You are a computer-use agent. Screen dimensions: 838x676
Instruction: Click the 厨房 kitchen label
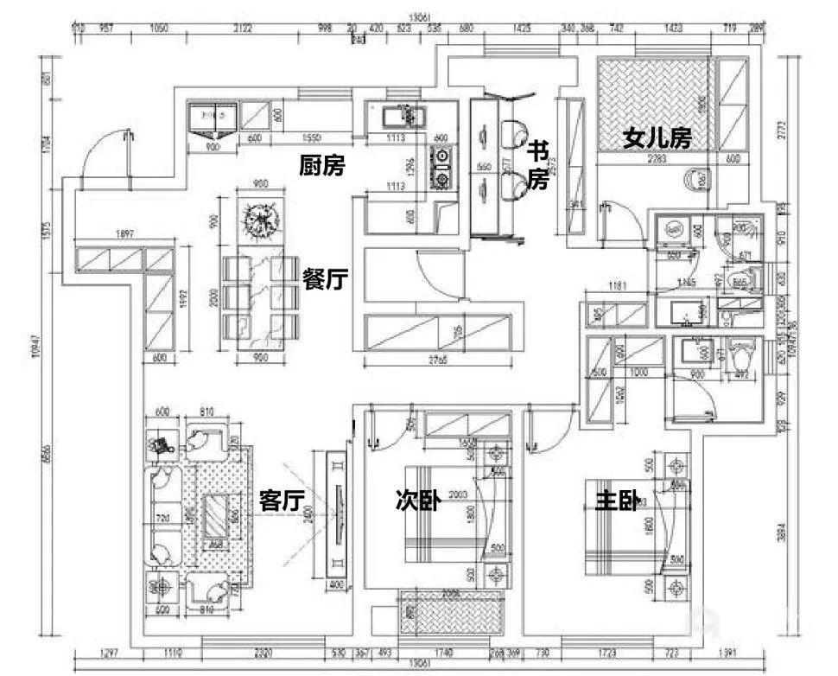coord(321,164)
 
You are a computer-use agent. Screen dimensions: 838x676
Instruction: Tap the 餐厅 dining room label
coord(325,278)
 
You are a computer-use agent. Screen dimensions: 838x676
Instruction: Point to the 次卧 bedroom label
coord(418,500)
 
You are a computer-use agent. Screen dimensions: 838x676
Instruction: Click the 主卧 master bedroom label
coord(617,501)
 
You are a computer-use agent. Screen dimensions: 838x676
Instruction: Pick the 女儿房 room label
coord(657,138)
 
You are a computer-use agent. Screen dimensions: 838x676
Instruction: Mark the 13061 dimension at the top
coord(420,15)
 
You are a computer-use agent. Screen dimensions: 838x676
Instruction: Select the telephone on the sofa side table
coord(161,446)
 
